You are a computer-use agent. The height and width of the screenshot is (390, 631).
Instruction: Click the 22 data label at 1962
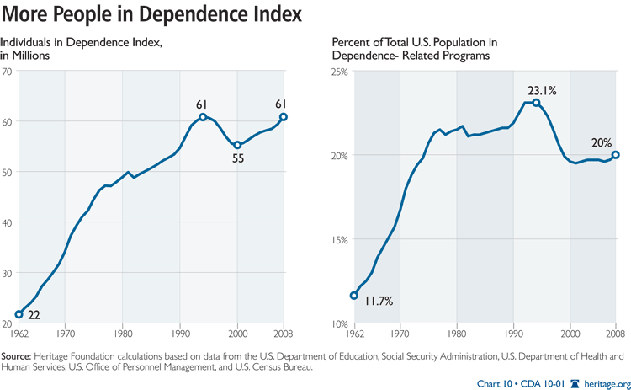pos(34,315)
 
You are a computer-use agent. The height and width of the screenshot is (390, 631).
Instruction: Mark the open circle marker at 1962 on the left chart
pos(19,313)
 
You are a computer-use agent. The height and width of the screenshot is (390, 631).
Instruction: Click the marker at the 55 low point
pos(237,145)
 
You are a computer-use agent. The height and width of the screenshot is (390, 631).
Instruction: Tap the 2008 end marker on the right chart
pos(616,154)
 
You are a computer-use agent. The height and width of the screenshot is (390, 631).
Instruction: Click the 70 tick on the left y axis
pos(7,72)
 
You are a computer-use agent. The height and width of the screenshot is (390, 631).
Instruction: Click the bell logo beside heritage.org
pos(576,382)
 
